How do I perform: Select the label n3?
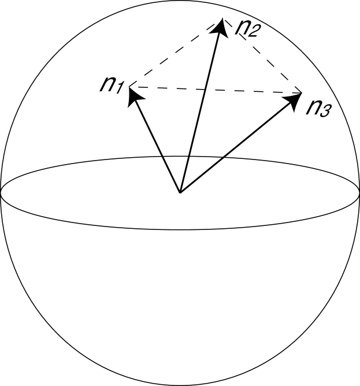pos(318,108)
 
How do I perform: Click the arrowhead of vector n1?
pos(133,94)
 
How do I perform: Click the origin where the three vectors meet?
pos(180,192)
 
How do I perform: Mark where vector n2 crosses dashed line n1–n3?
pos(206,90)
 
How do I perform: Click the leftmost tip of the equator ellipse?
pos(1,192)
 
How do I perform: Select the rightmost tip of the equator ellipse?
pos(359,192)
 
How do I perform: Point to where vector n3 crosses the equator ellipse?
pos(222,158)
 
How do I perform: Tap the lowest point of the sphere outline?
pos(180,385)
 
